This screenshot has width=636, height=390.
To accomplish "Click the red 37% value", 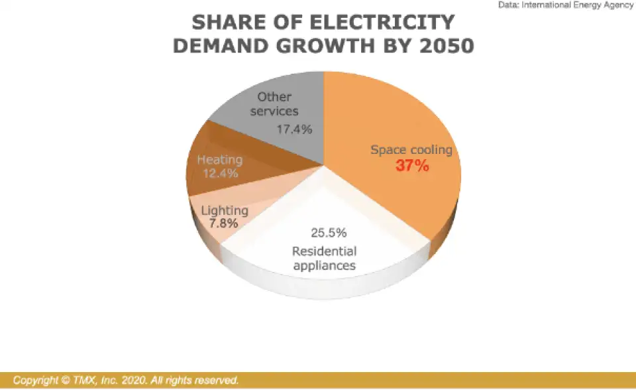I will point(412,166).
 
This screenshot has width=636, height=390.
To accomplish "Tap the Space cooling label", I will point(411,150).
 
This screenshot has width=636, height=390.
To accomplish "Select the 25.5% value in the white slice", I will point(329,233).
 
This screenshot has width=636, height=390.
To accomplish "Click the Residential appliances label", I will point(325,259).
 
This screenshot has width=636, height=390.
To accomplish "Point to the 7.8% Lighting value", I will point(223,224).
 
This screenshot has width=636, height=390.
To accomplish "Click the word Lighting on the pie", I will point(225,211).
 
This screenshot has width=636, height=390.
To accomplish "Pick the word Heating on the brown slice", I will point(220,160).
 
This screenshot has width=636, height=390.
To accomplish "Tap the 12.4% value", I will point(220,173).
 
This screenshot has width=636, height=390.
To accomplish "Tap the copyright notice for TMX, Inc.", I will point(126,381).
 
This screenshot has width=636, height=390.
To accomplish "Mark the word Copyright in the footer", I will point(36,381).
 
